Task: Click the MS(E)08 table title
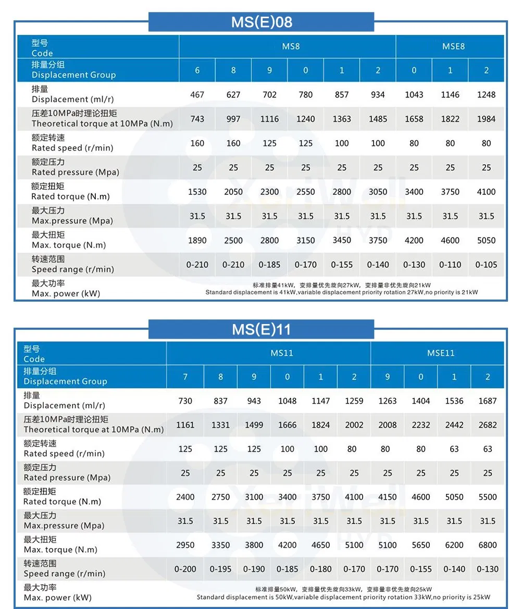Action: pyautogui.click(x=262, y=22)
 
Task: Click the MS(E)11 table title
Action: pyautogui.click(x=262, y=329)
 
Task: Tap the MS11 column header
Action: pyautogui.click(x=282, y=353)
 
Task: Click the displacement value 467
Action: pyautogui.click(x=197, y=95)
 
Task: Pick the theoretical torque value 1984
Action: pyautogui.click(x=486, y=119)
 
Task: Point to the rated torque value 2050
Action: pyautogui.click(x=233, y=192)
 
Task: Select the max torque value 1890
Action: pyautogui.click(x=197, y=241)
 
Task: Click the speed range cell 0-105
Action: pyautogui.click(x=486, y=265)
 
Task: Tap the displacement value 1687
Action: pyautogui.click(x=488, y=401)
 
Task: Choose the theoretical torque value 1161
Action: pyautogui.click(x=185, y=425)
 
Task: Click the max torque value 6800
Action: pyautogui.click(x=488, y=545)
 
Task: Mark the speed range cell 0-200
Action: pyautogui.click(x=185, y=569)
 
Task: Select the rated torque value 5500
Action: pyautogui.click(x=488, y=497)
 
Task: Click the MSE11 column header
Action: pyautogui.click(x=441, y=353)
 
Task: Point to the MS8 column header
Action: pyautogui.click(x=291, y=46)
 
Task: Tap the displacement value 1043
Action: pyautogui.click(x=414, y=95)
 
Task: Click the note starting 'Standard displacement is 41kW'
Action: pyautogui.click(x=341, y=292)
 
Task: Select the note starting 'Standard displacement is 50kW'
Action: pyautogui.click(x=343, y=597)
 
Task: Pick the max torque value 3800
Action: pyautogui.click(x=254, y=545)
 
